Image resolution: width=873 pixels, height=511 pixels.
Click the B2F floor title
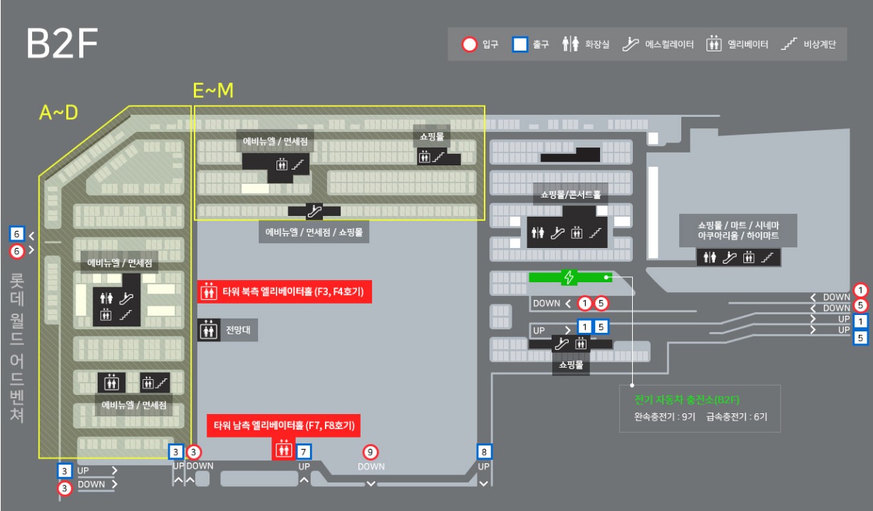tap(61, 44)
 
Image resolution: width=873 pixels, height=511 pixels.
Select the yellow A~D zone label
tap(58, 113)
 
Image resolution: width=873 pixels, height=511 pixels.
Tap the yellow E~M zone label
tap(214, 91)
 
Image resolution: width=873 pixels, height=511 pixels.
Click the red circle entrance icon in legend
tap(469, 45)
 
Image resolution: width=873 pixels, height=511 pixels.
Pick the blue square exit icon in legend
tap(520, 45)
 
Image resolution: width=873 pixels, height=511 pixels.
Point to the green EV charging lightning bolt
tap(569, 277)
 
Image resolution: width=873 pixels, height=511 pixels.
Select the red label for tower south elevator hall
tap(284, 426)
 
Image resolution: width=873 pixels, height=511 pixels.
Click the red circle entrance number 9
tap(371, 451)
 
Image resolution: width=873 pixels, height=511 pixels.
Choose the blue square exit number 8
tap(485, 451)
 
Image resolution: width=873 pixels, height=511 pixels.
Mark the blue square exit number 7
tap(304, 451)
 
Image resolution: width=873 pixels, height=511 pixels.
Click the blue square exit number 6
tap(17, 234)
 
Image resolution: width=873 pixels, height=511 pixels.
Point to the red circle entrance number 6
tap(17, 251)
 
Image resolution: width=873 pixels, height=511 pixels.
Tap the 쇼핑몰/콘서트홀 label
tap(571, 194)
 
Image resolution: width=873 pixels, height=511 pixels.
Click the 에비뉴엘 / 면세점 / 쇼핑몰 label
tap(314, 232)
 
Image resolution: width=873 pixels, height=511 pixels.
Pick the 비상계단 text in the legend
tap(820, 45)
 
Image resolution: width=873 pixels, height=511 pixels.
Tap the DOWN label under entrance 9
tap(371, 467)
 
